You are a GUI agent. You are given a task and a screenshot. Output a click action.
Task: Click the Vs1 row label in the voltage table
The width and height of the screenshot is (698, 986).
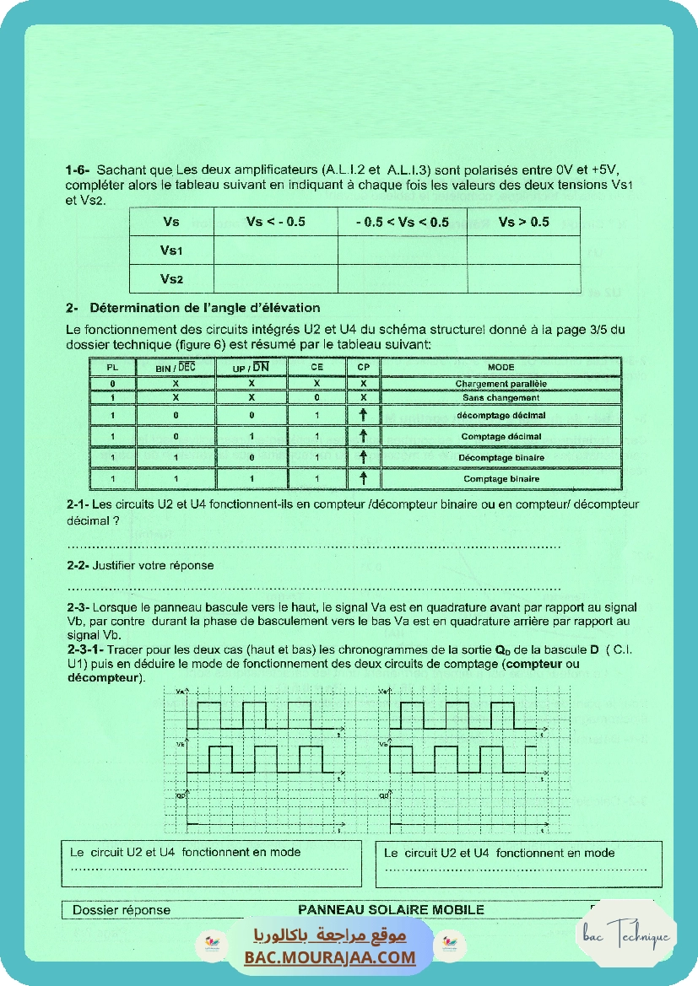[x=171, y=251]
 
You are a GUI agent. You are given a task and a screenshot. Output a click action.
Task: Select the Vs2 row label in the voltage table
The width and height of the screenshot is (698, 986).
[x=171, y=278]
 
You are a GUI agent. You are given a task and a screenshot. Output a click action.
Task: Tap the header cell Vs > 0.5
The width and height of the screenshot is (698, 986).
[x=523, y=222]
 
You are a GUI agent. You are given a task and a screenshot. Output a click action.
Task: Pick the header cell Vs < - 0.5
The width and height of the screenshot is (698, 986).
[x=275, y=222]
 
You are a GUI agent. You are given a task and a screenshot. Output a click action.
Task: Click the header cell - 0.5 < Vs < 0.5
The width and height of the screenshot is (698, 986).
[x=402, y=222]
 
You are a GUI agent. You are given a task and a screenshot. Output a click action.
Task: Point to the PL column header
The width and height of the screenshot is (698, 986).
[x=112, y=367]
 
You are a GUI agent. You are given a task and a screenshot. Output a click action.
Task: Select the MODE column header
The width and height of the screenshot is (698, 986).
[x=501, y=367]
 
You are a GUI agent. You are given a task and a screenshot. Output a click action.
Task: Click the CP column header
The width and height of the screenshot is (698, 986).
[x=363, y=367]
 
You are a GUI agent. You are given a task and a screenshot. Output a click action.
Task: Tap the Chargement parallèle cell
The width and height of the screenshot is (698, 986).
[x=501, y=384]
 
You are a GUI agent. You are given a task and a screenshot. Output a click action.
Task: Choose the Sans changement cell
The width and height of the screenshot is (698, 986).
[x=501, y=397]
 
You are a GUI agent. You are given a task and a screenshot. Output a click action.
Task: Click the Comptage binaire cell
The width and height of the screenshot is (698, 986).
[x=501, y=479]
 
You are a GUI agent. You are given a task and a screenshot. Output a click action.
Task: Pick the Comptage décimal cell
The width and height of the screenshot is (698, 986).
[x=501, y=437]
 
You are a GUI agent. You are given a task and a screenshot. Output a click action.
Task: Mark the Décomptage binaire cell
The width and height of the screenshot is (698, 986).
[x=501, y=458]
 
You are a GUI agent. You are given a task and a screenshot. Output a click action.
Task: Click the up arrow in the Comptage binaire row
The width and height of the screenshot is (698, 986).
[x=363, y=478]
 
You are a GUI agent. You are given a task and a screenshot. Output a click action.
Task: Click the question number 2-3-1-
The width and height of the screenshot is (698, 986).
[x=85, y=651]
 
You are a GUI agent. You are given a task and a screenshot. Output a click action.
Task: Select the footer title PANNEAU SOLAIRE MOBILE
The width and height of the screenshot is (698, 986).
[x=391, y=909]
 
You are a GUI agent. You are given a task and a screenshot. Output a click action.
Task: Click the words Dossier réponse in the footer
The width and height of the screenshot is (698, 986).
[x=121, y=910]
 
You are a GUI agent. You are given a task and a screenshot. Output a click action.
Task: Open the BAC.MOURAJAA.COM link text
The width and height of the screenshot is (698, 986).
[x=330, y=957]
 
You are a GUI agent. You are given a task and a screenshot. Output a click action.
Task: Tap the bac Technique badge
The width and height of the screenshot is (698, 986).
[x=625, y=935]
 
